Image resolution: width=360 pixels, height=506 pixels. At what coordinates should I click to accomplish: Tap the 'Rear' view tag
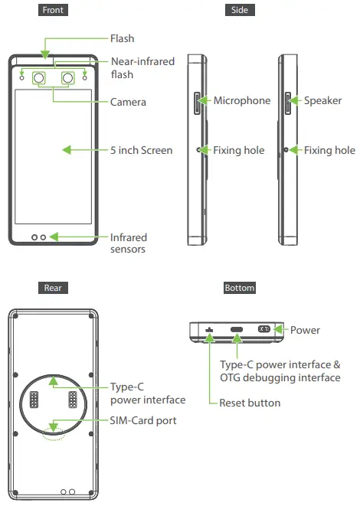click(52, 288)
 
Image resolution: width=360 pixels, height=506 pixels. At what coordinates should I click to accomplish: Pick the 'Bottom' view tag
click(240, 288)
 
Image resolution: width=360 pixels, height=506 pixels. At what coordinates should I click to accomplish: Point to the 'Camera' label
click(128, 102)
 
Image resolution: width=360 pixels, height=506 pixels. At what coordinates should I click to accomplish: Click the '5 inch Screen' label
click(141, 150)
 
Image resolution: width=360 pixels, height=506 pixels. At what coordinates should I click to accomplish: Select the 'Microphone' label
click(242, 101)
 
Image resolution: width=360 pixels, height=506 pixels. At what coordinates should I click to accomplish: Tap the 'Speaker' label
click(323, 101)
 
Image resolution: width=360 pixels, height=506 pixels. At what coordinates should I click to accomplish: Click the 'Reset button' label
click(250, 403)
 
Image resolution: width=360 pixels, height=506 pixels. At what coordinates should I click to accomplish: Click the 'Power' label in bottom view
click(306, 330)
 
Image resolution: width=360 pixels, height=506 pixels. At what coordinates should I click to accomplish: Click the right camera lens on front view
click(68, 78)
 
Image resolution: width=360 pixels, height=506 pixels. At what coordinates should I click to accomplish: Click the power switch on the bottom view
click(265, 329)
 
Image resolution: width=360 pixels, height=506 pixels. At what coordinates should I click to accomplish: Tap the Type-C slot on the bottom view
click(237, 330)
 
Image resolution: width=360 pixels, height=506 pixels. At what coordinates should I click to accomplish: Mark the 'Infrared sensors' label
click(129, 243)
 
